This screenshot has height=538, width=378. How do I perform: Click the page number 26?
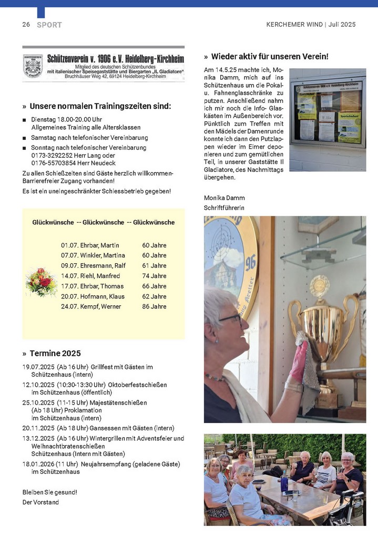tap(26, 25)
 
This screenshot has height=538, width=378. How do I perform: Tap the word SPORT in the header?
tap(49, 25)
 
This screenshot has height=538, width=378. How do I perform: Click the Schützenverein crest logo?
tap(33, 67)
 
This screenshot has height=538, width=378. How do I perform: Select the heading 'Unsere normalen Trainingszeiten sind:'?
tap(100, 106)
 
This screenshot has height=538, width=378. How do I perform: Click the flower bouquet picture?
tap(41, 282)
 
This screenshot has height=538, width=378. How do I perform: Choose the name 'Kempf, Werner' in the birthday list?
tap(103, 306)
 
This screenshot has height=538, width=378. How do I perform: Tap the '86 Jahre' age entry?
tap(154, 306)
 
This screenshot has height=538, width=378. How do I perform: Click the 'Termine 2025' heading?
tap(55, 354)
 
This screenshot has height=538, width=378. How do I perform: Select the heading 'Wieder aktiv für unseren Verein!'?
tap(270, 56)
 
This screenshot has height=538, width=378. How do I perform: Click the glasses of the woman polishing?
tap(231, 318)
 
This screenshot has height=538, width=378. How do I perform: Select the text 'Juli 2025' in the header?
tap(342, 25)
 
